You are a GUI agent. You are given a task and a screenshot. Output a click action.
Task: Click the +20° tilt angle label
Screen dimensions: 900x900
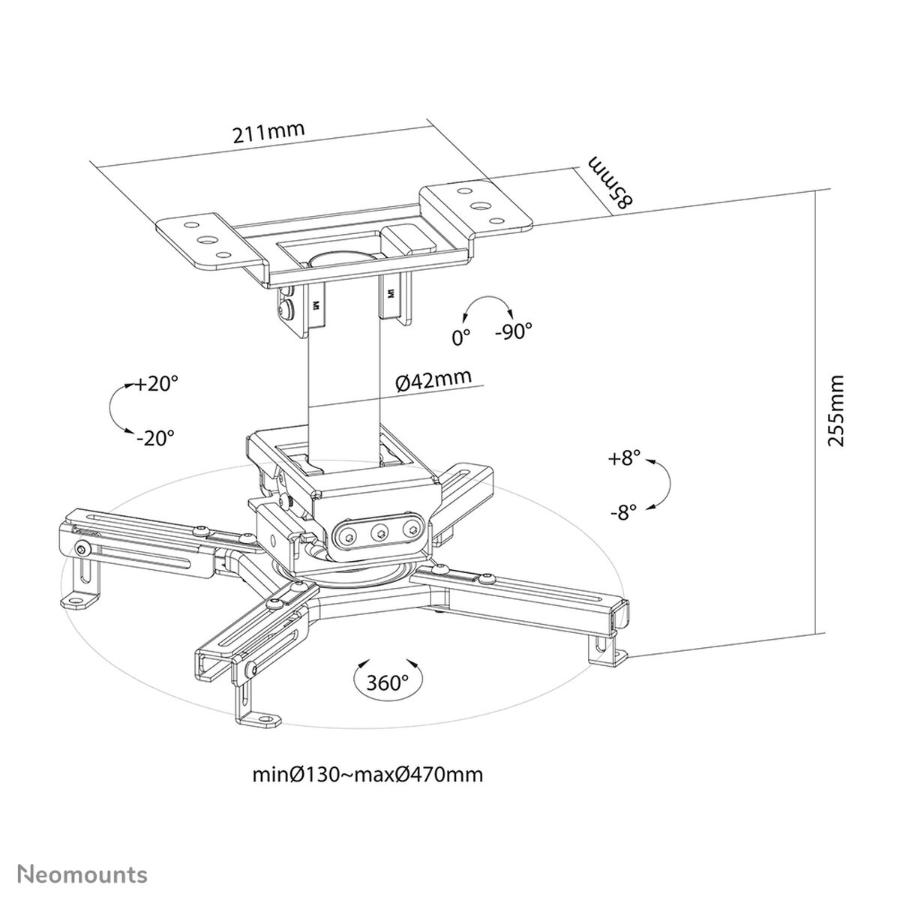pyautogui.click(x=157, y=383)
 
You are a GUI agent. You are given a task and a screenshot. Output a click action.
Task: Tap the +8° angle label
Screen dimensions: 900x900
pyautogui.click(x=625, y=458)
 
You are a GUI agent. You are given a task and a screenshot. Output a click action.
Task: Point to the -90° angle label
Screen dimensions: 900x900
pyautogui.click(x=513, y=331)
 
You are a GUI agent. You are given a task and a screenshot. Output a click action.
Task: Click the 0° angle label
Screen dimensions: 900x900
pyautogui.click(x=460, y=337)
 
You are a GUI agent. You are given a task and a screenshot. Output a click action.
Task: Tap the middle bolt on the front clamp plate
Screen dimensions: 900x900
pyautogui.click(x=379, y=532)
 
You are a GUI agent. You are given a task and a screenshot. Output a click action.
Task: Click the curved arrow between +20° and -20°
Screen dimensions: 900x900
pyautogui.click(x=115, y=409)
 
